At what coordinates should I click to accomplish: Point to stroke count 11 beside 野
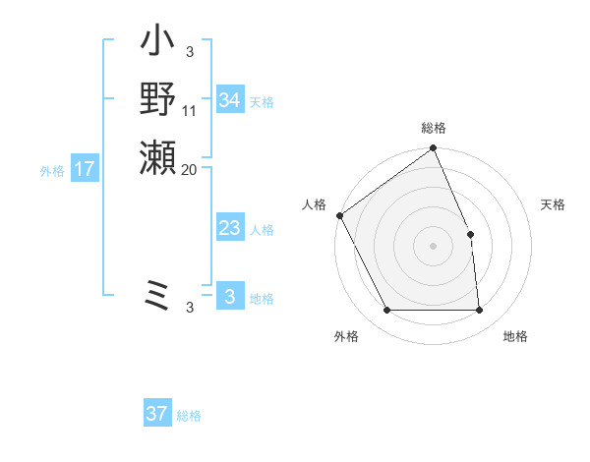[190, 111]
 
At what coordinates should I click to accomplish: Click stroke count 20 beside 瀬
[190, 169]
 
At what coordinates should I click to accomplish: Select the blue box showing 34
[229, 100]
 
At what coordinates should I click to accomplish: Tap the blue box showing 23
[229, 229]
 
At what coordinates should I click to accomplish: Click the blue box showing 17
[85, 169]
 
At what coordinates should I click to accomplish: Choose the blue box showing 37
[157, 414]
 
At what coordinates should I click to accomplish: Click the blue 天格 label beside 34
[262, 101]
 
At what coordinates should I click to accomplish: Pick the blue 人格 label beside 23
[262, 230]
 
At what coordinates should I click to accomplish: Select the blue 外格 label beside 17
[52, 170]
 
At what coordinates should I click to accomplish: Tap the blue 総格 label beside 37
[189, 415]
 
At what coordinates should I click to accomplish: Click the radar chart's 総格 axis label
[434, 128]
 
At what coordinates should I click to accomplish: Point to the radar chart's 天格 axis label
[554, 204]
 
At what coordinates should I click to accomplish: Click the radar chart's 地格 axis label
[515, 336]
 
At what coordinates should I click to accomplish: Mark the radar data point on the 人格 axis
[339, 215]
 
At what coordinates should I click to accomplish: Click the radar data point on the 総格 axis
[434, 148]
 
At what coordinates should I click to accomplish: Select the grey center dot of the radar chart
[434, 246]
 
